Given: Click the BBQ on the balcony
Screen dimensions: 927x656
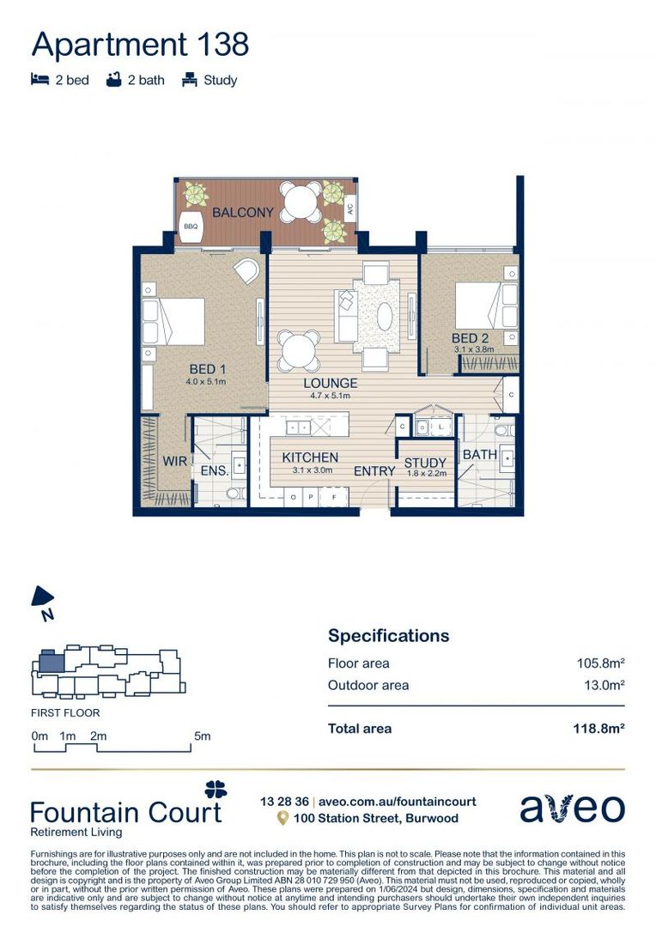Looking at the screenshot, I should coord(191,227).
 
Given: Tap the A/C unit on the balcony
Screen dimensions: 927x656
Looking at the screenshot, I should coord(349,208).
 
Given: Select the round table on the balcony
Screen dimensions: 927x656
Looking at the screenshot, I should coord(301,203).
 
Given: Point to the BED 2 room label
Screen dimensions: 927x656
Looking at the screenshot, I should coord(470,339).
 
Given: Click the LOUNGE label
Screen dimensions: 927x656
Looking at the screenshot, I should coord(330,383).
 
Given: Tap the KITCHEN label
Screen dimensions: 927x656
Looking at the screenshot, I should coord(310,457).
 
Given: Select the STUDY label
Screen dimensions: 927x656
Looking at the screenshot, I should coord(425,463).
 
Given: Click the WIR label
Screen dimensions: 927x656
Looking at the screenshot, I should coord(175,461).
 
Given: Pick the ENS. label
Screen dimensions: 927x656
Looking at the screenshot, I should coord(215,470).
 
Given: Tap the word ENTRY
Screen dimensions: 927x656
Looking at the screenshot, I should coord(374,471).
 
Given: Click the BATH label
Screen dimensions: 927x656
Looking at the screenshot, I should coord(479,454).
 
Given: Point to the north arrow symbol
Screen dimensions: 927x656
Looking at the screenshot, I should coord(43,600).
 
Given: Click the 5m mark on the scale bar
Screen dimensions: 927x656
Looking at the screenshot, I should coord(202,736).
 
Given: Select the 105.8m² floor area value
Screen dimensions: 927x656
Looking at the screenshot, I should coord(599,663).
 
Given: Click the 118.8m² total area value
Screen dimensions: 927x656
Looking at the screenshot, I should coord(598,729).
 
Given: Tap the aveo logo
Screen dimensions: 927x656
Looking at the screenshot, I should coord(572,808).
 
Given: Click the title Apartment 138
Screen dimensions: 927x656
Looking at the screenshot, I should coord(140,43).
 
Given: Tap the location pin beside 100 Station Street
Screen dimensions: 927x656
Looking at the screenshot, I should coord(282,819).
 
